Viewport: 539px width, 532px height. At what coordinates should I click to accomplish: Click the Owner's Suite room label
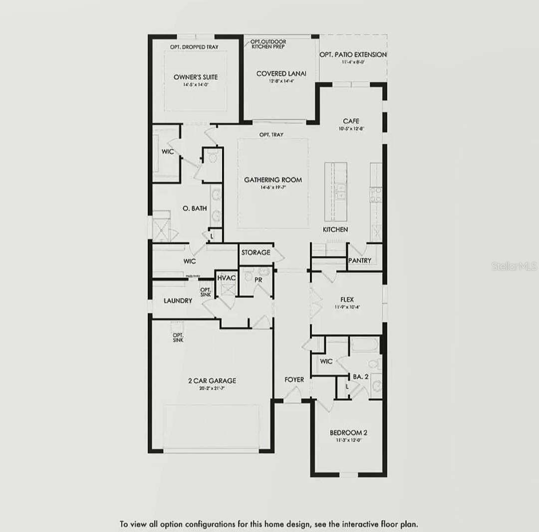point(196,77)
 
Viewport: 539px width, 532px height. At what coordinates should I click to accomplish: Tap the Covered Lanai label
point(281,74)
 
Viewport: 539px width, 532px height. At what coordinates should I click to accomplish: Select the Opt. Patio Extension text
point(353,55)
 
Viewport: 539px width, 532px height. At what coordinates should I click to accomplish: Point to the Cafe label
point(351,121)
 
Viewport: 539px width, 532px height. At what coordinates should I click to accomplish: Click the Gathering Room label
point(272,180)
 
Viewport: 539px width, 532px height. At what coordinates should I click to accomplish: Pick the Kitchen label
point(335,229)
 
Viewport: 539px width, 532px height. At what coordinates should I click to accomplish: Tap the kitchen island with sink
point(335,191)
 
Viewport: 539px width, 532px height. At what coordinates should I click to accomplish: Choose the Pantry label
point(359,261)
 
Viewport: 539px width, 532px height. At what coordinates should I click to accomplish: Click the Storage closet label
point(256,253)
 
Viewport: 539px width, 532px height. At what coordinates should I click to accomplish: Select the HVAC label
point(226,277)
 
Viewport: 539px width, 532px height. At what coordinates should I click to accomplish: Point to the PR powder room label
point(258,280)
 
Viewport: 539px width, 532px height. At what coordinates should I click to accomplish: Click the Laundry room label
point(178,301)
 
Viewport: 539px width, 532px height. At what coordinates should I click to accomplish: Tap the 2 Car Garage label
point(212,381)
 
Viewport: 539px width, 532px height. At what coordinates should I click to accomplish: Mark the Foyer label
point(294,380)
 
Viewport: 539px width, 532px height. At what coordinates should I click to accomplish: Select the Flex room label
point(347,299)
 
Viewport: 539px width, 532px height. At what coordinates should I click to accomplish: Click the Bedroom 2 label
point(348,433)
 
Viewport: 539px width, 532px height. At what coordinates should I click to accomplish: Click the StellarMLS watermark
point(514,266)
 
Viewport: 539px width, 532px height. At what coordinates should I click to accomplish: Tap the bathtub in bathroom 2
point(364,345)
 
